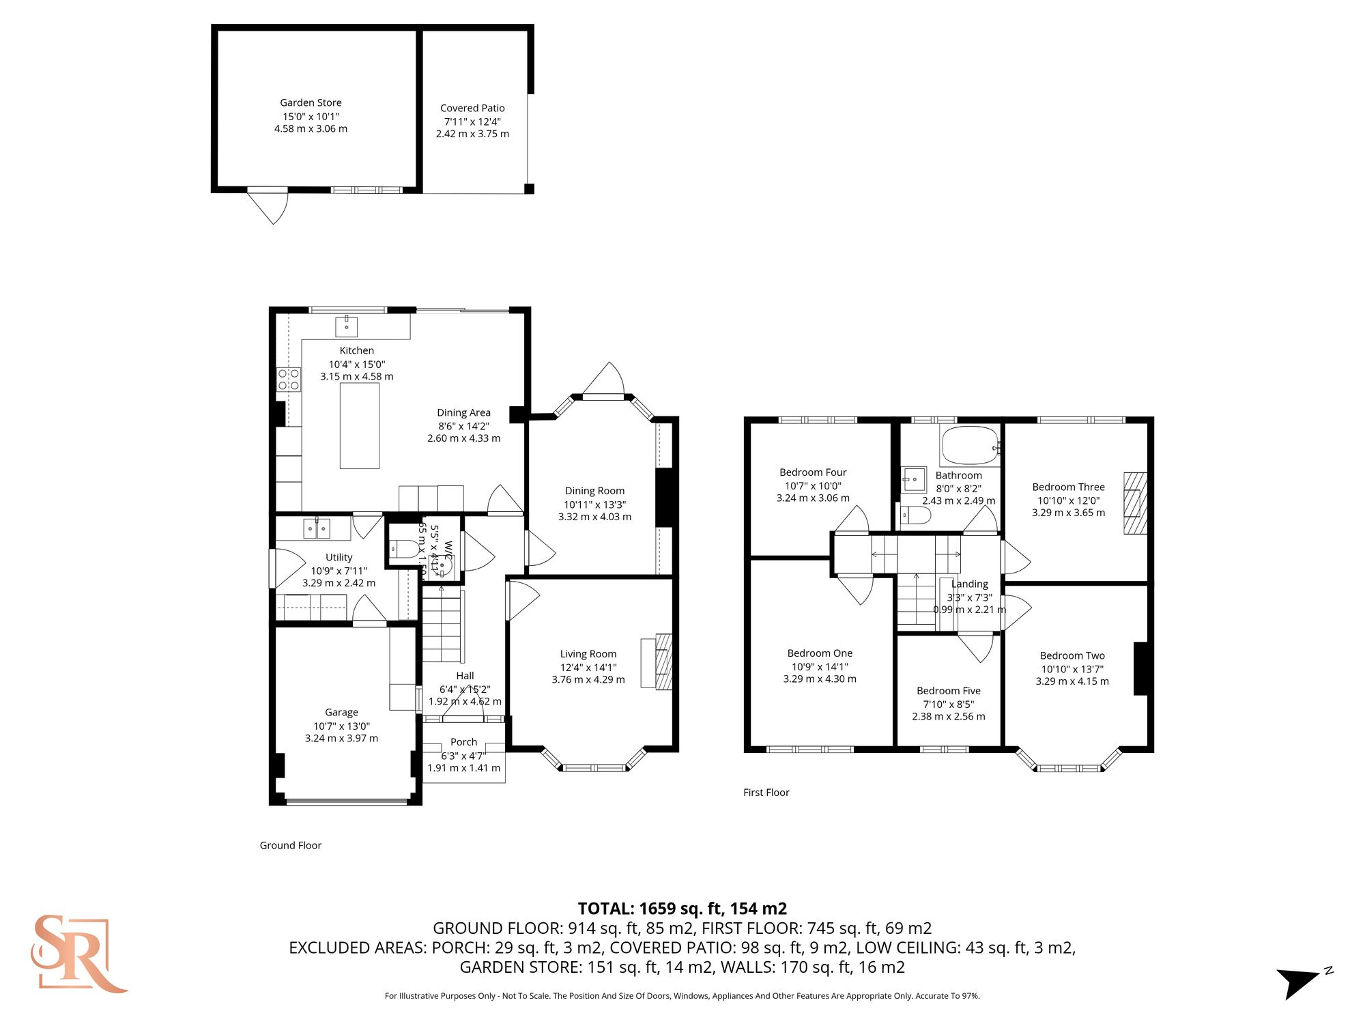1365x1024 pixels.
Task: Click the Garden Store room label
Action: pos(311,103)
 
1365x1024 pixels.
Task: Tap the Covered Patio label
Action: pos(472,108)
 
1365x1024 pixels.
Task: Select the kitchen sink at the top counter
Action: pos(347,326)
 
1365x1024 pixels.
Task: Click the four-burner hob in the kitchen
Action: pos(289,380)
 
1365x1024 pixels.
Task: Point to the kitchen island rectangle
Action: pos(360,425)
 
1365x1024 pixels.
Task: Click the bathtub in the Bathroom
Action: pos(969,446)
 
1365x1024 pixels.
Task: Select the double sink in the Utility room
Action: pos(317,528)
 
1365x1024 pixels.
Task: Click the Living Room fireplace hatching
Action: pos(663,662)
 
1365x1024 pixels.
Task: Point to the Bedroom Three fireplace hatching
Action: pos(1134,503)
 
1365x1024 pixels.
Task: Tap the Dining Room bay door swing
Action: pos(605,380)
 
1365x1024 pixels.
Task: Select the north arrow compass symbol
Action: pos(1299,981)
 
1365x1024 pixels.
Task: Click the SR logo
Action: pos(77,953)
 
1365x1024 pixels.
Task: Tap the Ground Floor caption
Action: pos(290,845)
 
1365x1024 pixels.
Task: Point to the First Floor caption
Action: pos(766,793)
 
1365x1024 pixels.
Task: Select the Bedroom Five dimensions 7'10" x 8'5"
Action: pos(948,704)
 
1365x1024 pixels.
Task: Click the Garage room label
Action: pos(341,712)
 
